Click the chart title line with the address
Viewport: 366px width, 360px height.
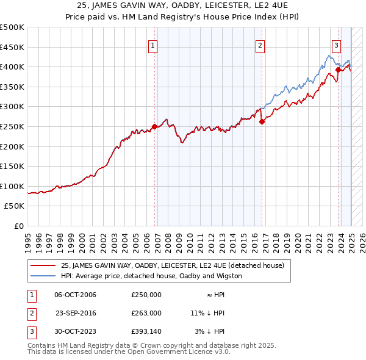183,6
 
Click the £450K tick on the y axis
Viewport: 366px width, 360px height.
12,47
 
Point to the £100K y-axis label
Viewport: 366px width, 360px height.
12,186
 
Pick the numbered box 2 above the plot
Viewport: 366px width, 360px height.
260,45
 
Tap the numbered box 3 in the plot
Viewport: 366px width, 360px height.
336,45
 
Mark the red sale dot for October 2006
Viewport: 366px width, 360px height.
154,127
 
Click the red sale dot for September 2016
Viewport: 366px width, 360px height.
262,121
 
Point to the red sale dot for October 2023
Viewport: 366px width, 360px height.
338,70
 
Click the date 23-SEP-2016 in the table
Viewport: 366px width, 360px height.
76,313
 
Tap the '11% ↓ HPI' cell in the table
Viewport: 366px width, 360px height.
207,313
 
